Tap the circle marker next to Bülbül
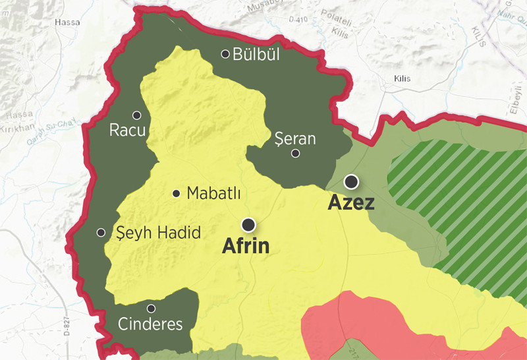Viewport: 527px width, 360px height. click(226, 54)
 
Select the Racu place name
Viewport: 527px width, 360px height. click(127, 131)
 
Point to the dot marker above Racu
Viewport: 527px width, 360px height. click(137, 115)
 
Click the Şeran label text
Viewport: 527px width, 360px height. click(294, 139)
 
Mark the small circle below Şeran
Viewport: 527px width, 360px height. click(296, 154)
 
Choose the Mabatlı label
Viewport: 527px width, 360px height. click(213, 194)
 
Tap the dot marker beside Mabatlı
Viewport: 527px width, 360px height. click(177, 194)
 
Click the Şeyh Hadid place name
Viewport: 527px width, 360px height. click(158, 233)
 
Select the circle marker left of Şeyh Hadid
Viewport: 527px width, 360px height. click(101, 232)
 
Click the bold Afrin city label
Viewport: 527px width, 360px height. click(246, 247)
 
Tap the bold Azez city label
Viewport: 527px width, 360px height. click(351, 202)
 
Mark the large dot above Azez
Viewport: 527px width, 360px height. click(353, 181)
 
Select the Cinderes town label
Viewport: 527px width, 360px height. click(150, 324)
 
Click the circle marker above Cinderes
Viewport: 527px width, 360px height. click(151, 308)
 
